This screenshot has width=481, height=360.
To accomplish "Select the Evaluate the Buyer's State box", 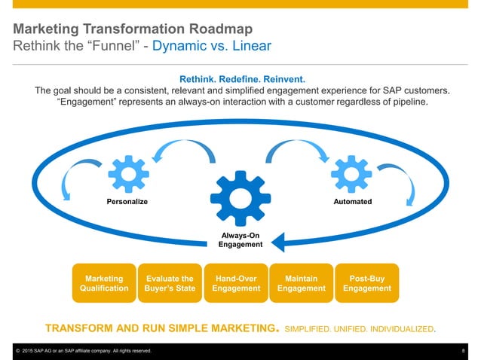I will point(170,282).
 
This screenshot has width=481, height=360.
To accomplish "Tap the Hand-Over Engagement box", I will point(236,282).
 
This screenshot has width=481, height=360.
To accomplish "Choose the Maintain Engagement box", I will point(302,282).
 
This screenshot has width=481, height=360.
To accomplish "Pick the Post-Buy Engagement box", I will point(366,282).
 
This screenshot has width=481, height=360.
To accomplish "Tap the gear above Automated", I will point(350,173).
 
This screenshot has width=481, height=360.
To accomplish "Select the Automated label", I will point(350,202).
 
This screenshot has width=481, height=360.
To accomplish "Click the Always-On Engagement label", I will point(240,239).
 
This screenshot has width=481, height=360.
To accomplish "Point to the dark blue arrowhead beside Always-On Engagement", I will point(278,242).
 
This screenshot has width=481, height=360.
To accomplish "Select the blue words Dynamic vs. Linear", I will point(211,47).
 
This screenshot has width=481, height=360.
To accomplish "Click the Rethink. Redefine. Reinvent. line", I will point(241,78).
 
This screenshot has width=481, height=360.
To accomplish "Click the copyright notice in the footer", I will point(83,352).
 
